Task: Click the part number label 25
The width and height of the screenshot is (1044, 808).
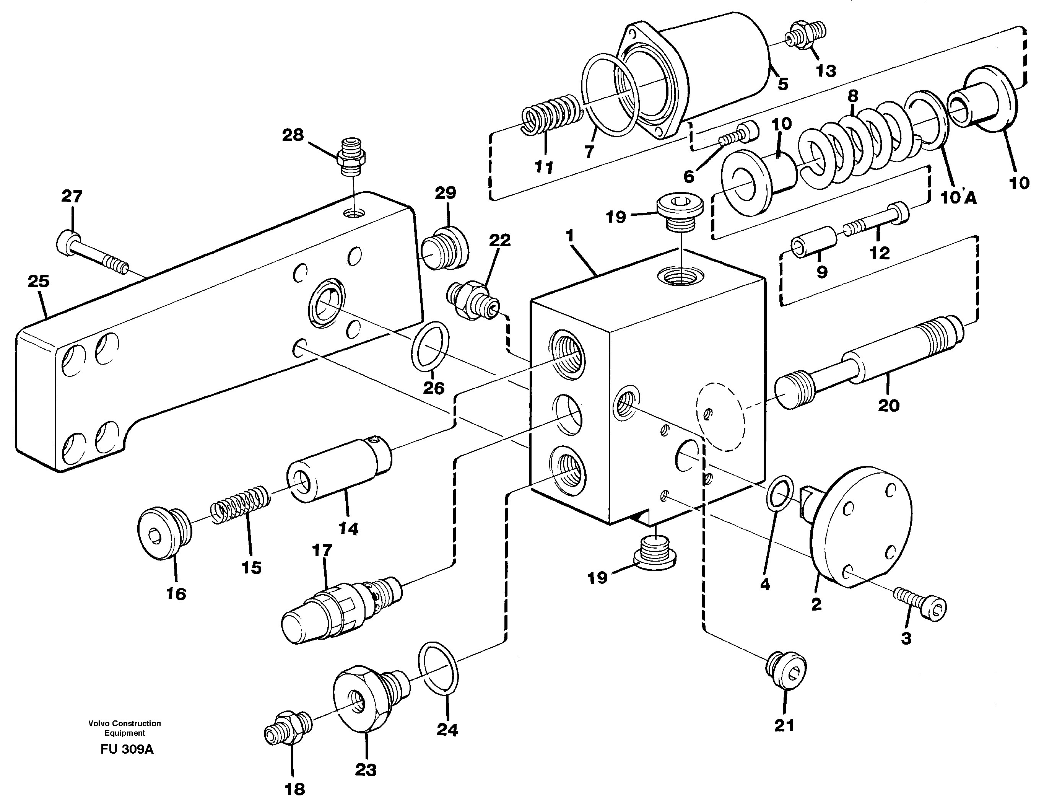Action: point(38,282)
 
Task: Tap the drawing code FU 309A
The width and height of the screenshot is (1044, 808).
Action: point(127,749)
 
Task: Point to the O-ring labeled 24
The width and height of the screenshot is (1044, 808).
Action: point(438,667)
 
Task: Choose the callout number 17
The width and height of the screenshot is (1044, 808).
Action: point(322,551)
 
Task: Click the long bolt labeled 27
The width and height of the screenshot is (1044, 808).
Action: point(96,251)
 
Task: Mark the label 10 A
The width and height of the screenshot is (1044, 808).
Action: point(958,197)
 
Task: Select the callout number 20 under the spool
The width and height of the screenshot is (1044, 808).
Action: point(889,406)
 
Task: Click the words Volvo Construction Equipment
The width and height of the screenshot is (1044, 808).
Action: point(124,728)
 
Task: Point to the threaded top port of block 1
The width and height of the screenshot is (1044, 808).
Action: point(680,276)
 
